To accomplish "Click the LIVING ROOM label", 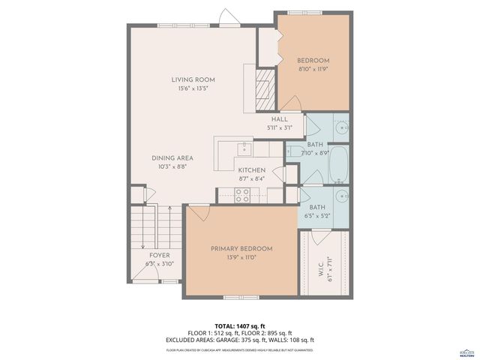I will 193,79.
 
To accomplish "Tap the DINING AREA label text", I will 172,157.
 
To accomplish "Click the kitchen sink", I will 243,147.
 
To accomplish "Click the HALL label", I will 279,119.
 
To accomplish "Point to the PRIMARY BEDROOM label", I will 241,249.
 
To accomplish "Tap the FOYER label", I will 159,255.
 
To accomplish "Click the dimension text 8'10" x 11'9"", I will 313,69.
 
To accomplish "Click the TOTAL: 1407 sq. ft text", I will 240,325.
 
